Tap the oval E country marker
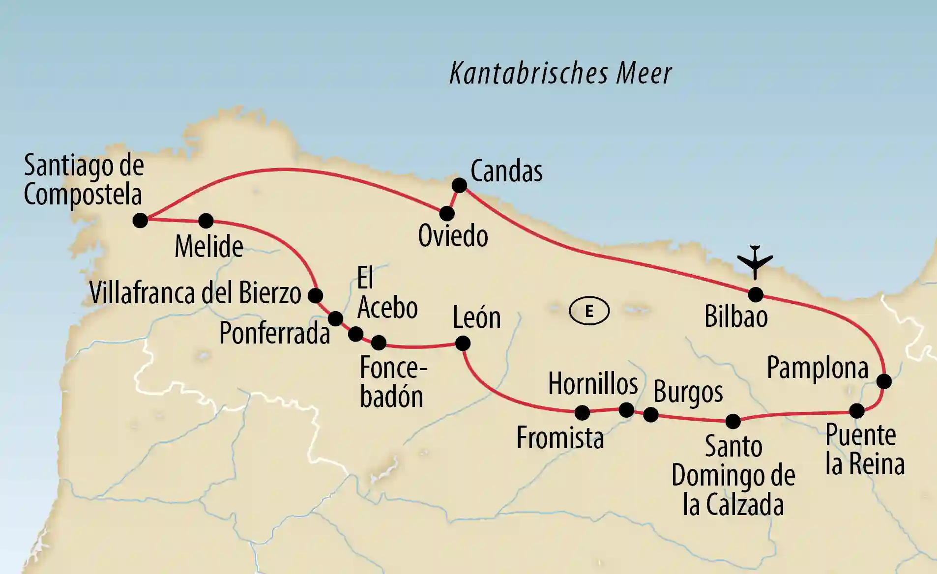589,311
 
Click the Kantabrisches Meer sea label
560,74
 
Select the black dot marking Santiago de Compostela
140,220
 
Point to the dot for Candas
459,185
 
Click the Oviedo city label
453,236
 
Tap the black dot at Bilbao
755,295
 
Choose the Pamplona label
817,368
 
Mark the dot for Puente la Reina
856,410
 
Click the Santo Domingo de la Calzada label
733,475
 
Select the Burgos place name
688,393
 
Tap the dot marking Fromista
582,412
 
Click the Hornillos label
593,383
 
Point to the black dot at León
462,343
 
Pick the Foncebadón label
392,382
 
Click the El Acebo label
387,293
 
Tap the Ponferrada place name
274,333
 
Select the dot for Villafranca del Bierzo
315,295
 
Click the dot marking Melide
205,221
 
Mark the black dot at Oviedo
446,213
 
